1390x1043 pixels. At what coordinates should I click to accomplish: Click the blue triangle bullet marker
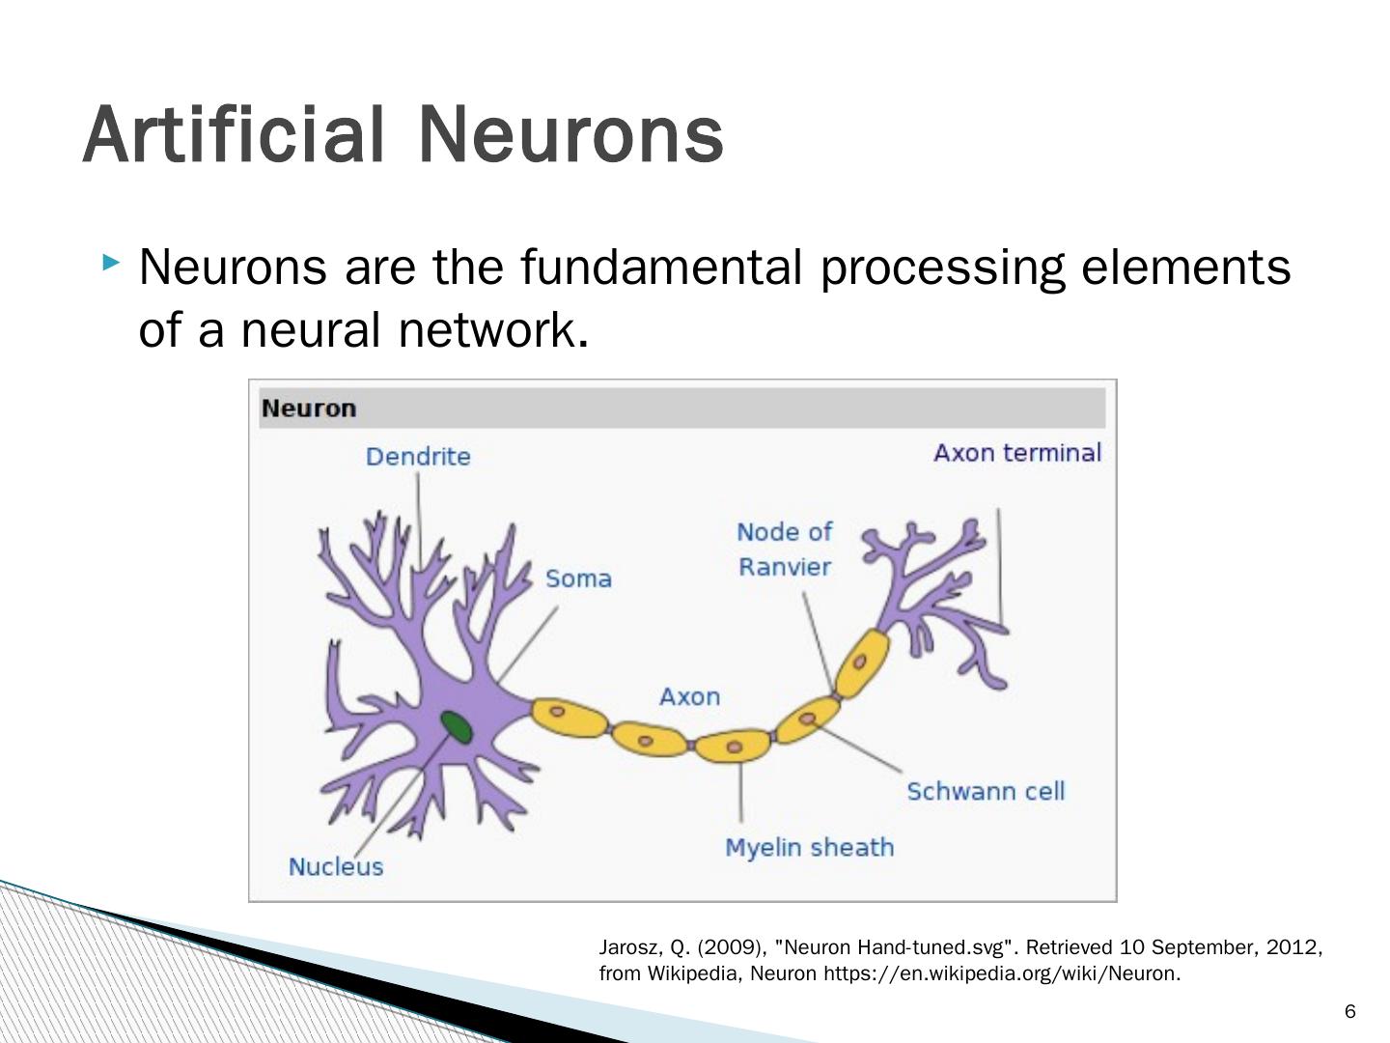tap(112, 262)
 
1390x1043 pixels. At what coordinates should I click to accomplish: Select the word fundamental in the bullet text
tap(661, 268)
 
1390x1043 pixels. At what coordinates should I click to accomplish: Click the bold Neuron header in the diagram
tap(309, 409)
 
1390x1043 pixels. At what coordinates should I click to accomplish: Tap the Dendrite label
tap(418, 456)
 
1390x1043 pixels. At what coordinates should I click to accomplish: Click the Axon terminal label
tap(1017, 453)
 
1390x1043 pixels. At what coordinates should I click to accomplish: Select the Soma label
tap(578, 578)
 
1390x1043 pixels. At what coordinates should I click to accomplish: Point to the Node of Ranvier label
tap(784, 549)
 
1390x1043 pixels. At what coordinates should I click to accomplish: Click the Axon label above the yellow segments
tap(689, 696)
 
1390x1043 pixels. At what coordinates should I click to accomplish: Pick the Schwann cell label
tap(986, 791)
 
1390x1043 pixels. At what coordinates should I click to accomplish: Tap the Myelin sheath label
tap(809, 847)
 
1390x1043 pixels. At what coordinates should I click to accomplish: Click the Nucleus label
tap(336, 866)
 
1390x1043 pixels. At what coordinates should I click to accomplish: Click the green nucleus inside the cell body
tap(456, 726)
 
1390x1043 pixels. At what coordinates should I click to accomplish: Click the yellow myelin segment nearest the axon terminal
tap(861, 662)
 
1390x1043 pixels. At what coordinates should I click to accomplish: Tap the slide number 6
tap(1349, 1011)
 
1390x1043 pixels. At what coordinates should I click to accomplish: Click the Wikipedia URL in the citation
tap(1000, 973)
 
